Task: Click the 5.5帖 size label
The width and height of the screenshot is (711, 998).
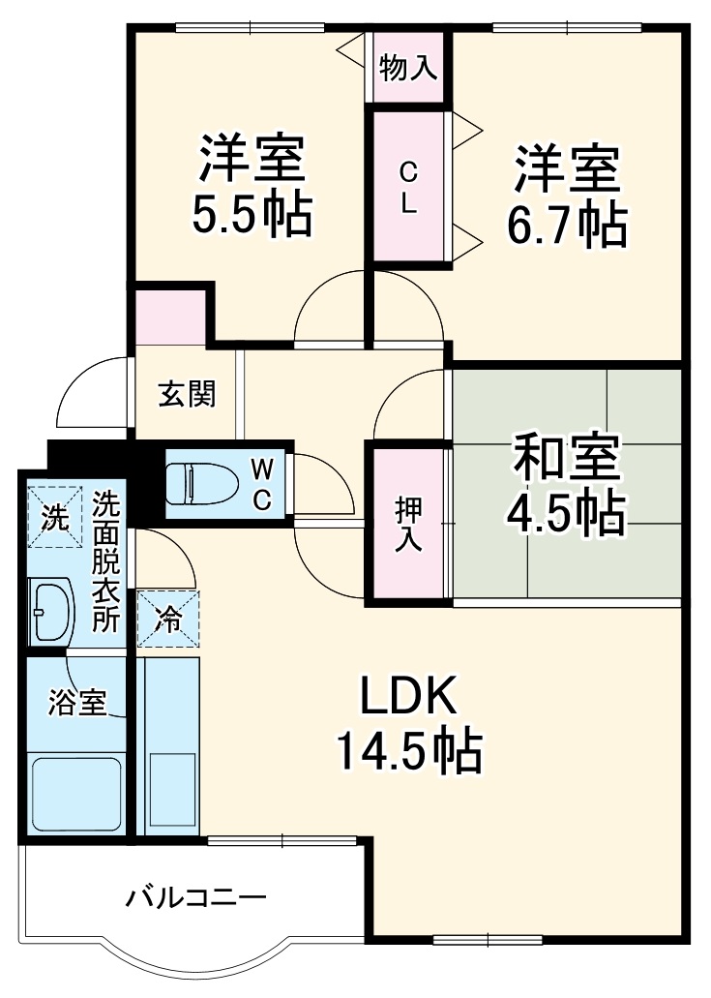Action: pos(252,216)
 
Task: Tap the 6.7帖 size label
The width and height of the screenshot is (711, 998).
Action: pos(567,225)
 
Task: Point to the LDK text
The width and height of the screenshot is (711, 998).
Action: pos(407,698)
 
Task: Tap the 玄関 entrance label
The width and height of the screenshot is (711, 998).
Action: pos(187,395)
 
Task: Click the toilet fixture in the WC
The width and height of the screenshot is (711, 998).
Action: pos(193,483)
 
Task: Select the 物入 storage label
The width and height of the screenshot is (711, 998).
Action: pos(408,69)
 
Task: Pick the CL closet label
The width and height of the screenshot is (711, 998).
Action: pos(409,188)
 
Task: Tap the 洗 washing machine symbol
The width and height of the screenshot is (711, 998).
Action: pos(54,518)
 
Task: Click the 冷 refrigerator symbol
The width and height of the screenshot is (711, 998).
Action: pos(167,619)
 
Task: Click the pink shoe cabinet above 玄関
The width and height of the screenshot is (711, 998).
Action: pos(169,316)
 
